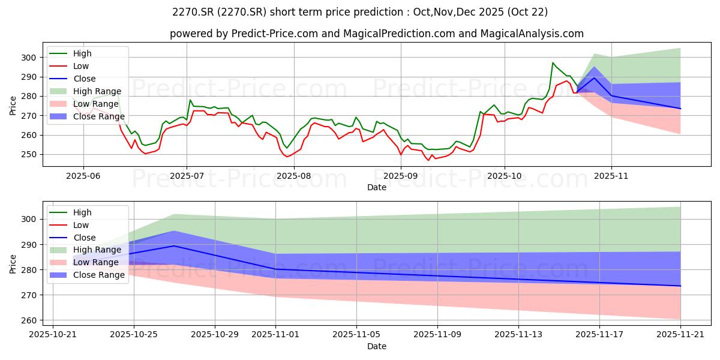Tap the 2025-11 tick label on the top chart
(611, 175)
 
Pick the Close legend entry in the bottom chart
(83, 238)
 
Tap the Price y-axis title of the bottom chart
(13, 263)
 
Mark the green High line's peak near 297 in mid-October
(553, 62)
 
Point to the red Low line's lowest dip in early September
(428, 160)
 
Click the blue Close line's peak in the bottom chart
(174, 245)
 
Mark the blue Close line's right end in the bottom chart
(680, 286)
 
